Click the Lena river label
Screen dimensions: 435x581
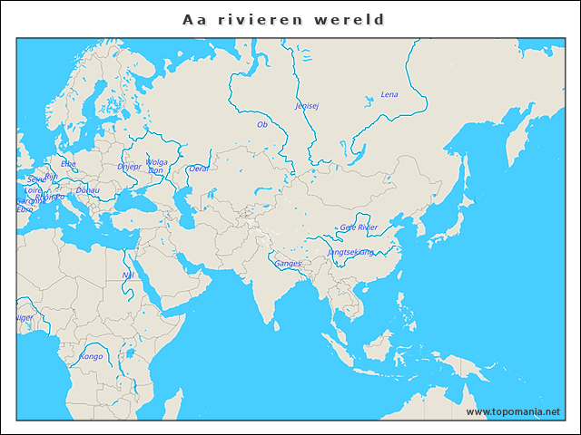click(x=389, y=94)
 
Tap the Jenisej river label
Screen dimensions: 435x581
click(x=307, y=105)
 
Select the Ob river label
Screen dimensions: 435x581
click(x=262, y=124)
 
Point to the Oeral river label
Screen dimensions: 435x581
click(x=199, y=169)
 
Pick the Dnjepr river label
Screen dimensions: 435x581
click(x=129, y=167)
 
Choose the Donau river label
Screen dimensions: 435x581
click(x=88, y=190)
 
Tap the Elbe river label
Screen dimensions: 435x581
click(x=68, y=164)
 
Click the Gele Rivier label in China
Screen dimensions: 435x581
click(x=359, y=227)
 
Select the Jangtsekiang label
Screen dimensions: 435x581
click(x=350, y=252)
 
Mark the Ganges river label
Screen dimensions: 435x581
click(x=288, y=264)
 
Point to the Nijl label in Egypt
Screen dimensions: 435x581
click(x=128, y=275)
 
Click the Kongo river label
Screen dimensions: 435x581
click(x=92, y=356)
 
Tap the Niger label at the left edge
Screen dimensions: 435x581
click(x=25, y=318)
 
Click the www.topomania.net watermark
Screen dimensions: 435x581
click(x=513, y=411)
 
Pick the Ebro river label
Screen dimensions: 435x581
click(x=25, y=209)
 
